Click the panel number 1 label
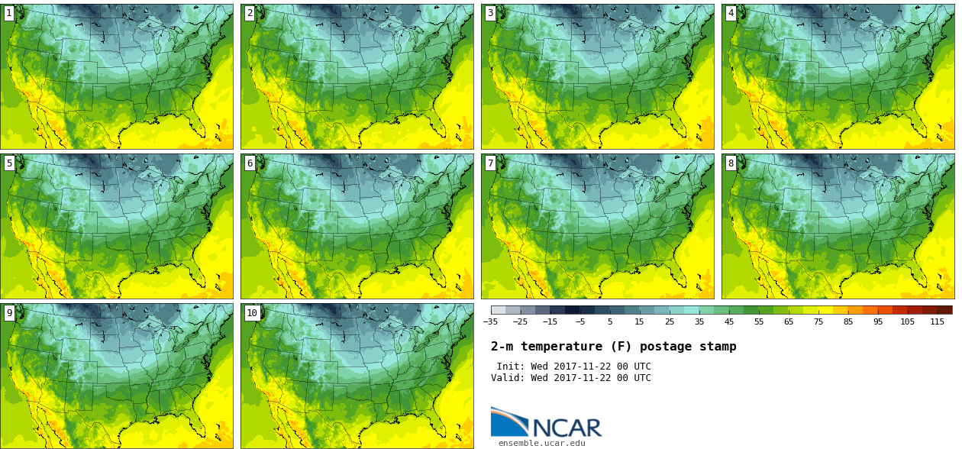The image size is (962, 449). (9, 13)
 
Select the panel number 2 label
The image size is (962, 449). (250, 13)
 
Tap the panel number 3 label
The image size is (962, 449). (490, 13)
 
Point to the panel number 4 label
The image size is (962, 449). (731, 13)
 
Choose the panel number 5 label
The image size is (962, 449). (9, 163)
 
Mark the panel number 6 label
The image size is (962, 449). (250, 163)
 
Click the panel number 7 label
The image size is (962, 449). (490, 163)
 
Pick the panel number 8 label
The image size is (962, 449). (731, 163)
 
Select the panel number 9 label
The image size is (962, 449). (9, 312)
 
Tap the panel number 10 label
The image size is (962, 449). (252, 312)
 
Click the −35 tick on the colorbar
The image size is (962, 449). (490, 321)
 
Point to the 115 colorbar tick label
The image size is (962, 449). (937, 321)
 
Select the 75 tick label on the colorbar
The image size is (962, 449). (818, 321)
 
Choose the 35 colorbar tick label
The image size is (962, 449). (699, 321)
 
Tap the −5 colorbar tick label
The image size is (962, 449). (579, 321)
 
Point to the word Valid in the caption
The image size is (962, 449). (507, 378)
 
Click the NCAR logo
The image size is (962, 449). (546, 423)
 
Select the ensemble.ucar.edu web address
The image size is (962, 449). (541, 443)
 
